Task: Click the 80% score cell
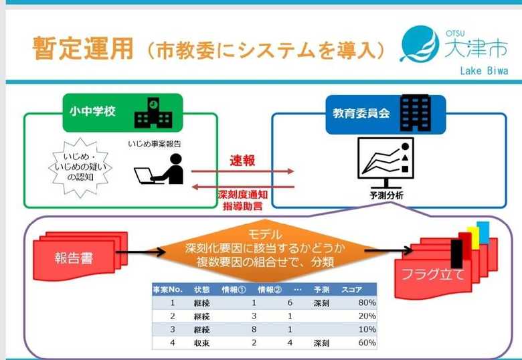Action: click(367, 302)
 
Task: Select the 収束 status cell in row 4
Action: click(201, 343)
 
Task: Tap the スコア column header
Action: click(351, 290)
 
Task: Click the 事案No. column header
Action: click(168, 290)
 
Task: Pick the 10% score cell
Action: click(367, 329)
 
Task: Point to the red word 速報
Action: click(242, 161)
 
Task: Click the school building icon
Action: click(153, 113)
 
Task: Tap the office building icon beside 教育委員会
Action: click(416, 113)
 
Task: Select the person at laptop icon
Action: click(159, 169)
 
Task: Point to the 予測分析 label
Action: click(386, 195)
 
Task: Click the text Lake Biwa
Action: click(484, 70)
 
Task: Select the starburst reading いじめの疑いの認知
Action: click(80, 167)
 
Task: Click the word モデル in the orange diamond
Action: click(265, 235)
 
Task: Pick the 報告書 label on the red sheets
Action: click(74, 258)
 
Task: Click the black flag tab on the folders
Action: click(456, 254)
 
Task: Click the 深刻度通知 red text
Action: click(243, 195)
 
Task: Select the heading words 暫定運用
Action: click(83, 48)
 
